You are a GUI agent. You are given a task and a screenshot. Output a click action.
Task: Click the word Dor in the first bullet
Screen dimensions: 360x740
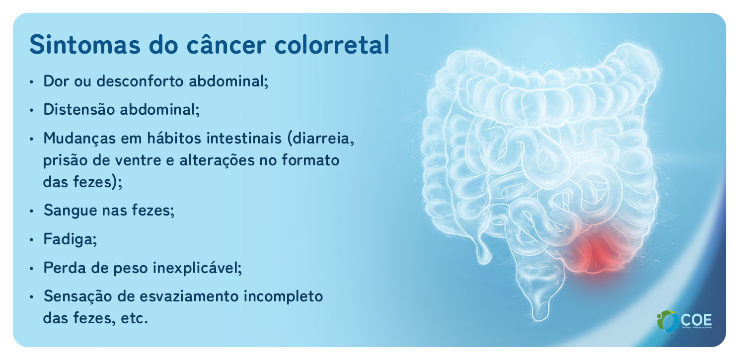point(55,81)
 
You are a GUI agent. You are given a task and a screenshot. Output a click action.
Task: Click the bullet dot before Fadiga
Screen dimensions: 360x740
point(32,240)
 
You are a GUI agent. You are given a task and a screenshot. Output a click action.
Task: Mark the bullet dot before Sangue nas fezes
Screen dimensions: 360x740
point(32,211)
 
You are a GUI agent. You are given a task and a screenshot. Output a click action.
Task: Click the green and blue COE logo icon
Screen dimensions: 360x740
point(666,321)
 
